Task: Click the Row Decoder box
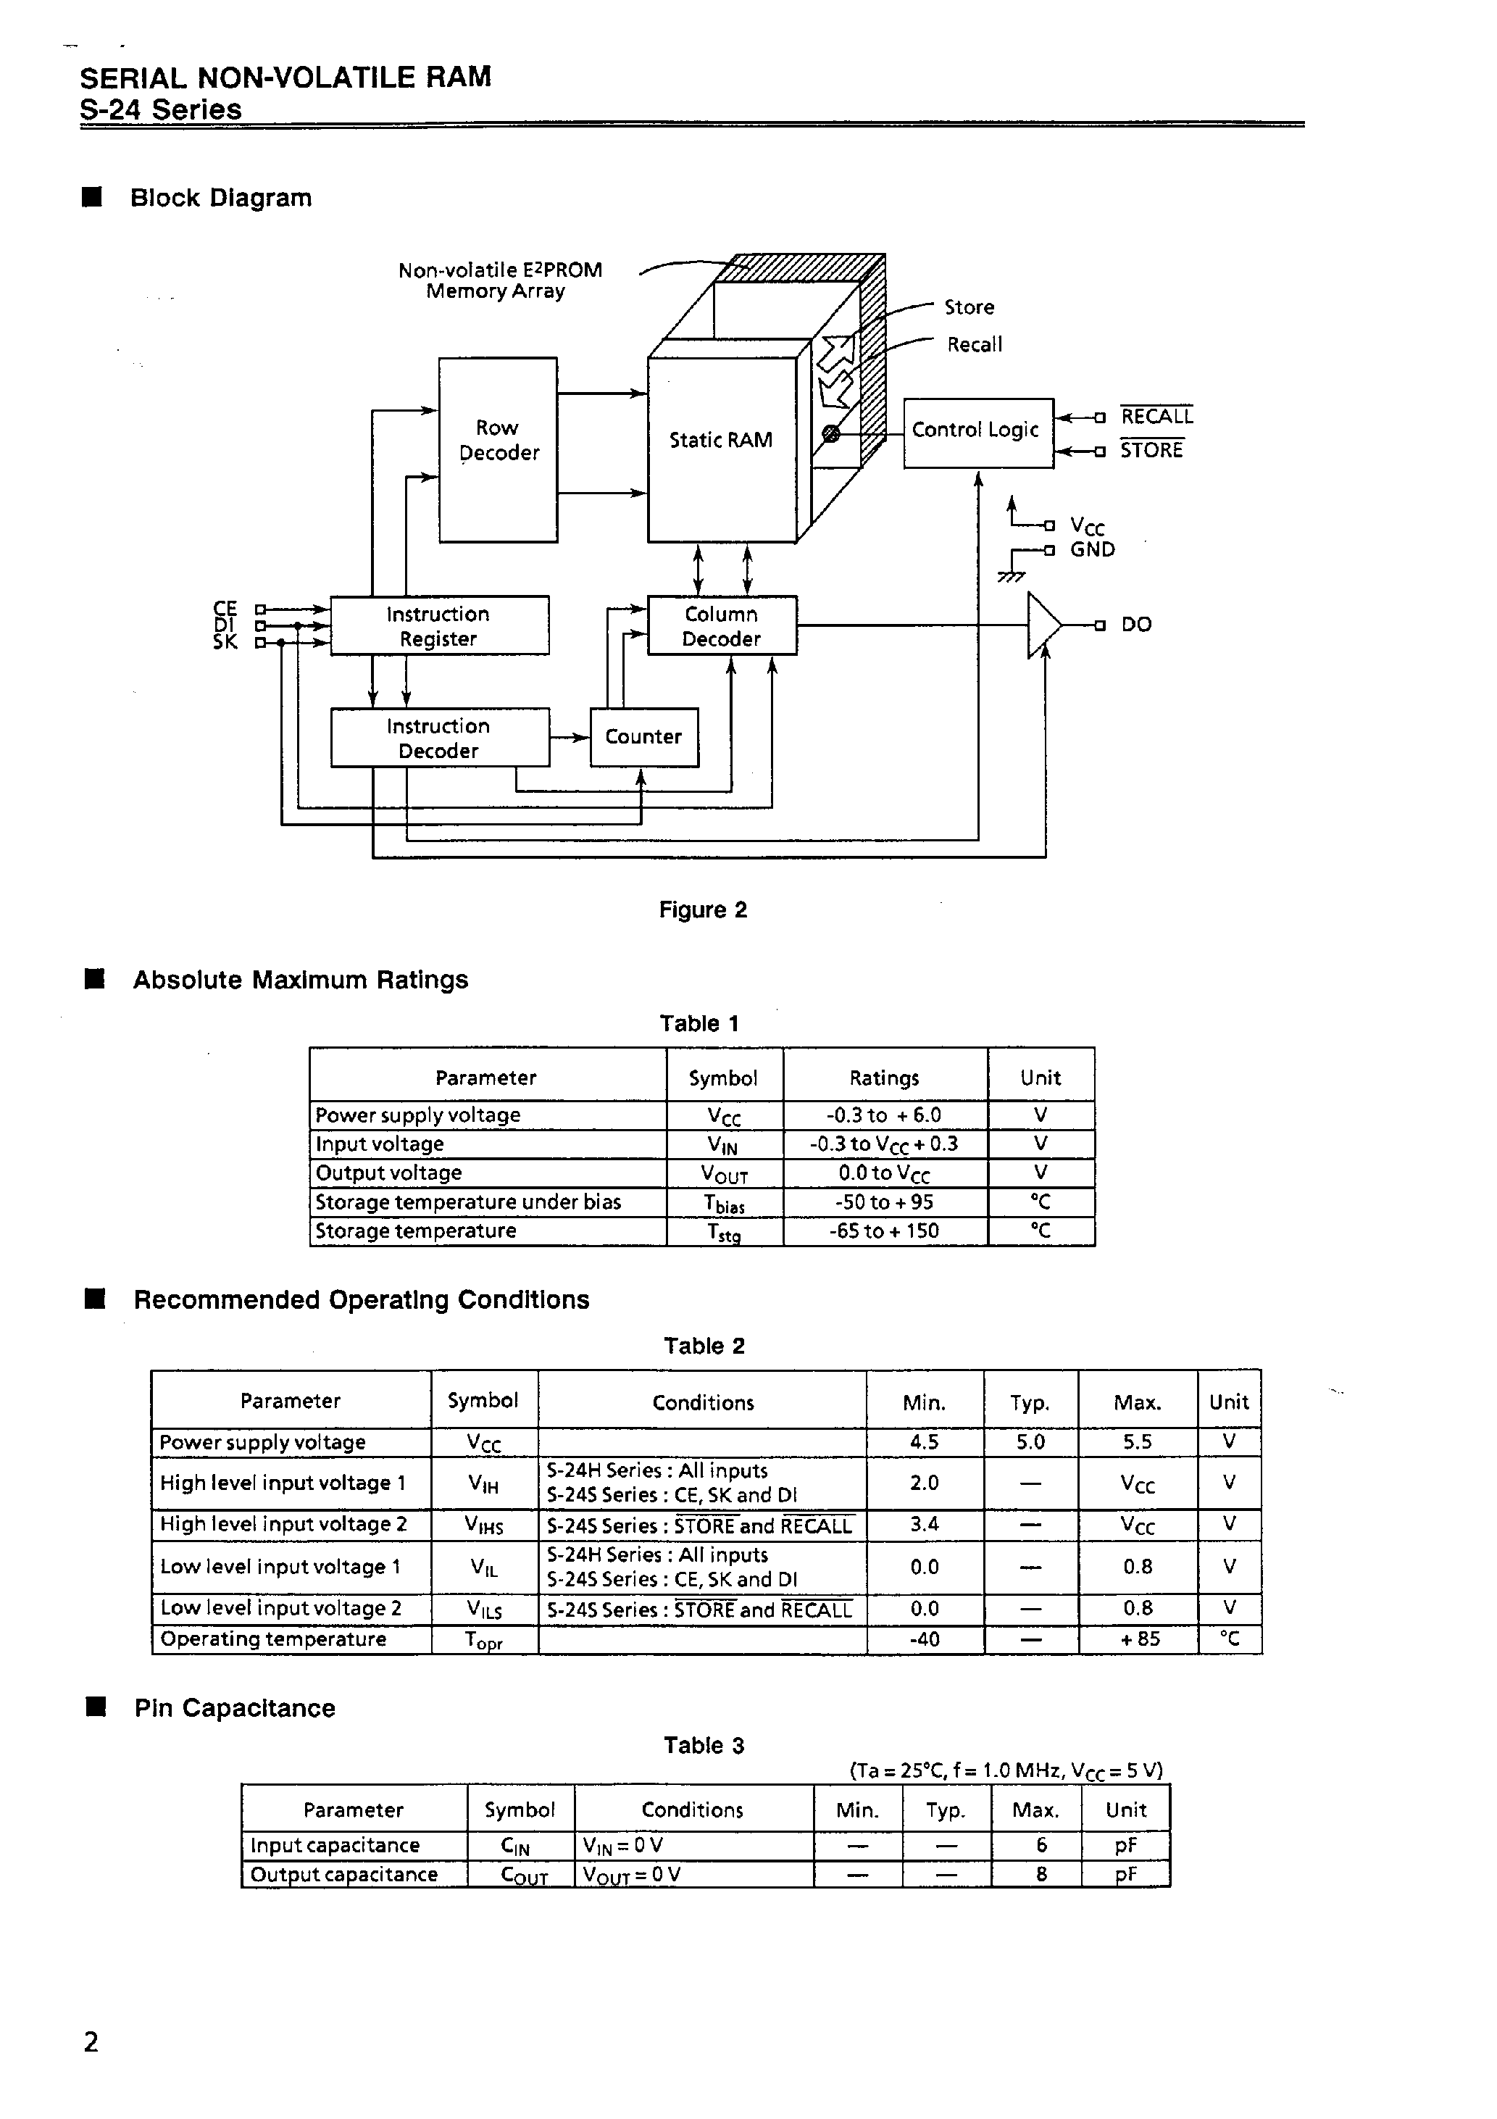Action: click(498, 449)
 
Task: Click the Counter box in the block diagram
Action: click(643, 736)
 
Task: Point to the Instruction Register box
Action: click(439, 625)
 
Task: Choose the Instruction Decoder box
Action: click(439, 738)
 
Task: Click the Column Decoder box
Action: click(722, 625)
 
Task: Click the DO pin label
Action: click(1136, 625)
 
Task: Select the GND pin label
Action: click(1093, 550)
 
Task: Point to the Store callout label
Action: click(969, 307)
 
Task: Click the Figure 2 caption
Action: click(702, 910)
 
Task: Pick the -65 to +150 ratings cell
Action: click(884, 1231)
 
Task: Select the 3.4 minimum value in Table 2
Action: click(924, 1524)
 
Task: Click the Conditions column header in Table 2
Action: click(702, 1403)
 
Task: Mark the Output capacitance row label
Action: click(344, 1875)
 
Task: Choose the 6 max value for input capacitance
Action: click(1041, 1845)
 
